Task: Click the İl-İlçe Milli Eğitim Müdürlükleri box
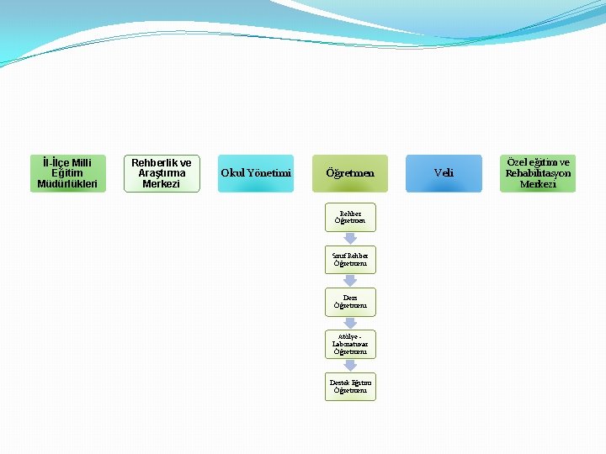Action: coord(68,173)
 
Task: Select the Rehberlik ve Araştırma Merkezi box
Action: coord(162,173)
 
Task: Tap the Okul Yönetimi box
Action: coord(256,173)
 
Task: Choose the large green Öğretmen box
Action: coord(350,173)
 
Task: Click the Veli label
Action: coord(444,173)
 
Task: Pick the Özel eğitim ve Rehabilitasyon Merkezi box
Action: coord(538,173)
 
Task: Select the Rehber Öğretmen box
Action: coord(350,217)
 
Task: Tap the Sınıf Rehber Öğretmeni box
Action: coord(350,259)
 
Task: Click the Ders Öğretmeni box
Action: coord(350,302)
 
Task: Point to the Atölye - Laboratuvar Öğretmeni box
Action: coord(350,344)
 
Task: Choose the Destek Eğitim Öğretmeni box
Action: coord(350,387)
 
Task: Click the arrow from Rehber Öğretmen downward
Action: coord(350,239)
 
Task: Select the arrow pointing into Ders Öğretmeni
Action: coord(350,281)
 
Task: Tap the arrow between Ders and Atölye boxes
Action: coord(350,323)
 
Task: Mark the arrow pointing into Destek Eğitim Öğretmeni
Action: coord(350,366)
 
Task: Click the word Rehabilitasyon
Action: coord(538,173)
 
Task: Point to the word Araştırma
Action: coord(162,173)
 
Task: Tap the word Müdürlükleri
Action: coord(68,183)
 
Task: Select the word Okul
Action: coord(232,173)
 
